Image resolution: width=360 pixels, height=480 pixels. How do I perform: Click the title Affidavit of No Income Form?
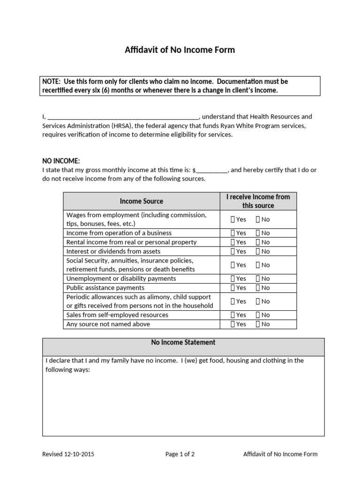click(180, 50)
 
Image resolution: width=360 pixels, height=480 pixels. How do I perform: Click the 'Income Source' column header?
click(141, 201)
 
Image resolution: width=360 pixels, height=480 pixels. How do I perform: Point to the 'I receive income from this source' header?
click(258, 201)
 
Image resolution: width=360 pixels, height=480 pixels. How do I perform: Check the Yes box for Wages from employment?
click(233, 219)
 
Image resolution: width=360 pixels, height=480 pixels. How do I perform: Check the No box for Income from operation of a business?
click(258, 233)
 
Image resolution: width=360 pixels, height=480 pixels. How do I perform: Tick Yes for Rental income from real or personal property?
click(233, 242)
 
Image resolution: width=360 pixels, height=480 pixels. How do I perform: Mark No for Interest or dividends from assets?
click(258, 251)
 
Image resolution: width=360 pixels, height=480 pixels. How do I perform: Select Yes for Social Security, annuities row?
click(233, 265)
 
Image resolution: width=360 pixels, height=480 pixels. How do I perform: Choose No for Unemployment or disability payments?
click(258, 278)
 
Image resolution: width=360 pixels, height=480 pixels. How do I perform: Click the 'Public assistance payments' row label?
click(105, 288)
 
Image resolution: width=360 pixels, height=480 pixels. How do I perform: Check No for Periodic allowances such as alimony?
click(258, 301)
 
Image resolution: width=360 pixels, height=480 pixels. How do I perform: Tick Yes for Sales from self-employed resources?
click(233, 315)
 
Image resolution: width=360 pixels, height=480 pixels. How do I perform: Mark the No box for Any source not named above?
click(258, 324)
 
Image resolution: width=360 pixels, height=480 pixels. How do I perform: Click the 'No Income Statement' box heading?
click(183, 343)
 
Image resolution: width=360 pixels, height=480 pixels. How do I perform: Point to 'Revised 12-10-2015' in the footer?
click(71, 454)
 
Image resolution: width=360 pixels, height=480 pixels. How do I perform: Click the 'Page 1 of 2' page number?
click(180, 454)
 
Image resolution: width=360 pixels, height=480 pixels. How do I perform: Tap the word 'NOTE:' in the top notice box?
click(52, 82)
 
